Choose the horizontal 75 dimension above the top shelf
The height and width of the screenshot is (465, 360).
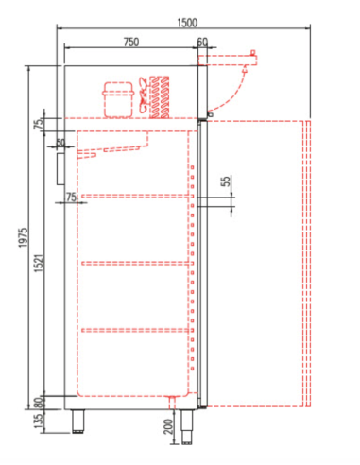[71, 196]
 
